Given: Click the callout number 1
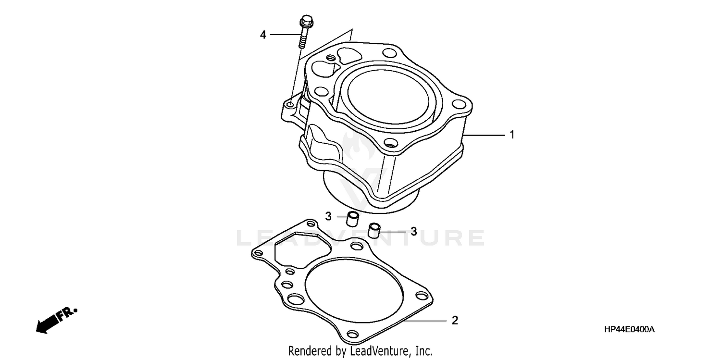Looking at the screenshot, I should (x=512, y=135).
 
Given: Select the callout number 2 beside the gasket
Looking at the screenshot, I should (x=455, y=320).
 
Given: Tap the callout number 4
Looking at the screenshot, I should (x=263, y=35).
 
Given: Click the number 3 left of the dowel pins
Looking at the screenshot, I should (x=328, y=217).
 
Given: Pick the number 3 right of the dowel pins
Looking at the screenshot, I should (x=413, y=231).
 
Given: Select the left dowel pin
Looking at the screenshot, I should (x=353, y=219).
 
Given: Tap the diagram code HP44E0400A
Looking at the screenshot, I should (x=630, y=330).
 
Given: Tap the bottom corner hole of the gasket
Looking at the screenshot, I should (x=353, y=334).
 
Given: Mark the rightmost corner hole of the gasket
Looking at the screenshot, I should (x=422, y=297).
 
